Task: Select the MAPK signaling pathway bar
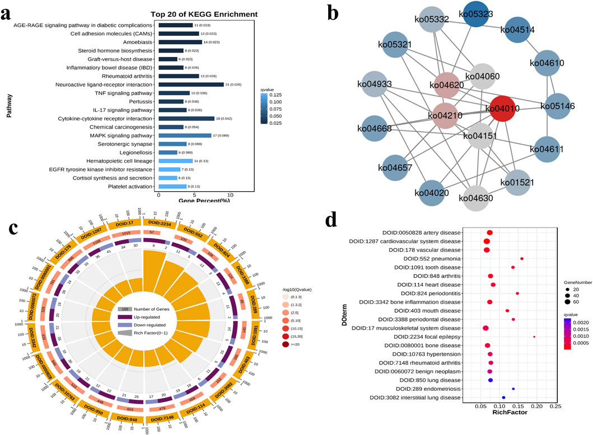point(185,135)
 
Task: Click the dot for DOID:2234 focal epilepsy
point(534,337)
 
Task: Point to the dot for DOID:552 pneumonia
point(522,259)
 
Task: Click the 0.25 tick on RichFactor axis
point(555,405)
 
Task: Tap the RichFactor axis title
point(511,413)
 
